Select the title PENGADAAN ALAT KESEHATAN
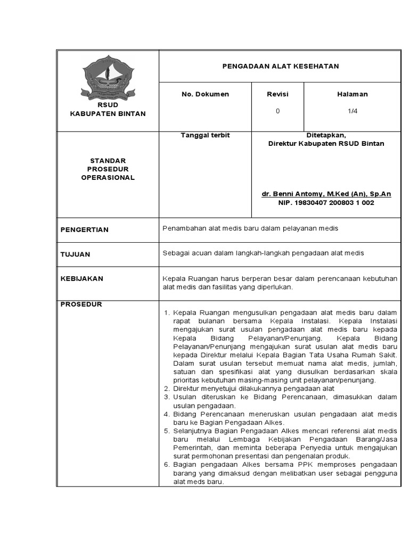coord(280,66)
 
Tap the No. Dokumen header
coord(205,94)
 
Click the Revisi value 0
coord(277,111)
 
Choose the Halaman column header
coord(353,94)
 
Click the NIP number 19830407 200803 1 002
coord(326,203)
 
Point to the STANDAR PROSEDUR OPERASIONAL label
coord(108,169)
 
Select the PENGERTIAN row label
coord(84,230)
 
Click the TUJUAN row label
coord(75,254)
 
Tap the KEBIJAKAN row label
coord(81,278)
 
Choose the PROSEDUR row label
coord(81,304)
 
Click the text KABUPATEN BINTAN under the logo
coord(108,114)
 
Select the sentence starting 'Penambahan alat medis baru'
coord(250,228)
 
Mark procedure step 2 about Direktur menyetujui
coord(253,389)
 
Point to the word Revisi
coord(277,94)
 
